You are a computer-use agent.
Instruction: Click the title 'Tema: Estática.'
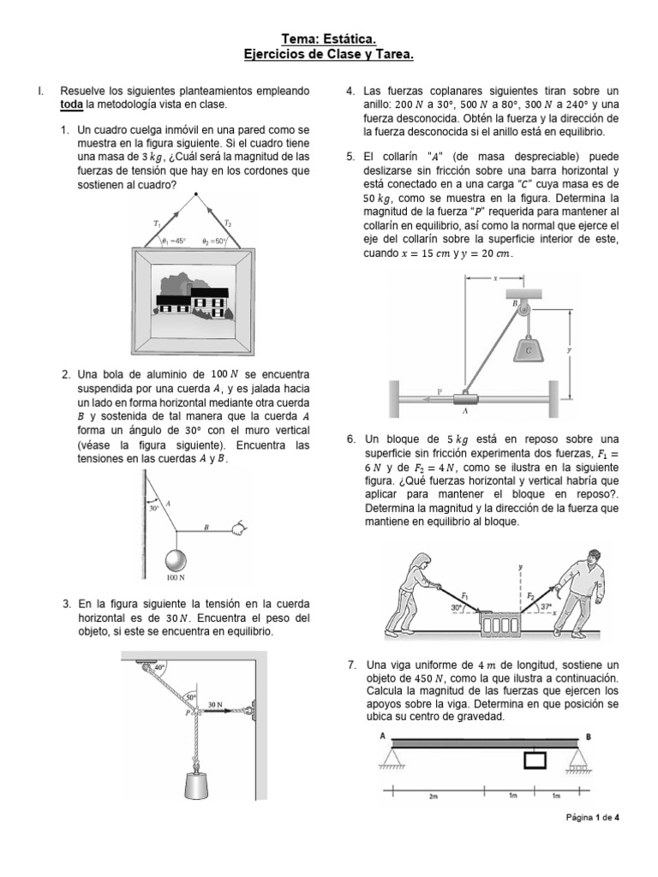(329, 39)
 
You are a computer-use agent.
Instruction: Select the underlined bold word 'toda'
(71, 104)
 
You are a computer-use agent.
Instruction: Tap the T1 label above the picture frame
(157, 224)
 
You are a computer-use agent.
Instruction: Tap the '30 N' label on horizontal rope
(216, 705)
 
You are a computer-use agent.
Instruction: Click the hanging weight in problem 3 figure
(197, 786)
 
